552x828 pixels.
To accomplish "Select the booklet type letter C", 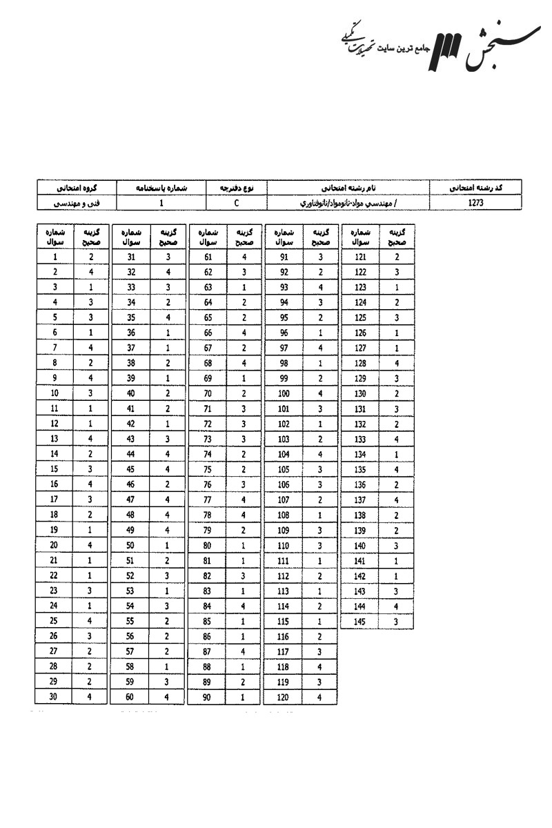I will pos(236,204).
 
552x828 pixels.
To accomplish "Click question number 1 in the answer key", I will pos(55,257).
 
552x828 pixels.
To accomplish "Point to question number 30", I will pos(55,696).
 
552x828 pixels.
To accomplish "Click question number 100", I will pos(284,393).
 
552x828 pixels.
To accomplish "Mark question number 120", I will pos(284,696).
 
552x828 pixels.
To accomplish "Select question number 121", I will pos(360,257).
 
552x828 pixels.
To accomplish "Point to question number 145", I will pos(360,621).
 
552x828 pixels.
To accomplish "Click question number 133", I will pos(360,439).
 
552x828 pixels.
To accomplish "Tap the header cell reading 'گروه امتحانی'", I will pos(77,188).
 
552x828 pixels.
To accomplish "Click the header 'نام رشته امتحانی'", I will pos(347,188).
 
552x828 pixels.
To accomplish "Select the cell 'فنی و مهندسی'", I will pos(77,204).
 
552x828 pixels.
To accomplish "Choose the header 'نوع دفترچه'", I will pos(236,188).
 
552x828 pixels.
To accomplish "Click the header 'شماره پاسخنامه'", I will pos(161,188).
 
